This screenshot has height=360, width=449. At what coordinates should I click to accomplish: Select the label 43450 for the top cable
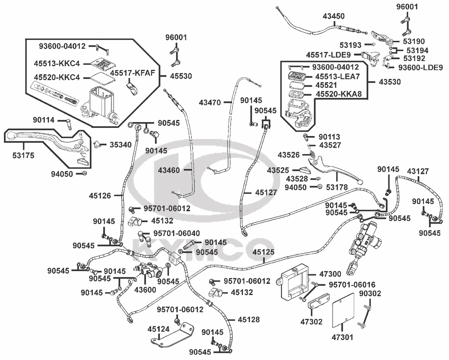(x=334, y=16)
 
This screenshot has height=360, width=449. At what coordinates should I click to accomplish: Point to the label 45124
(x=159, y=329)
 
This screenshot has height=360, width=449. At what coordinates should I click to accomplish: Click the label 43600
(x=145, y=290)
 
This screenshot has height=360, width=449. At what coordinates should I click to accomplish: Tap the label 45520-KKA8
(x=338, y=94)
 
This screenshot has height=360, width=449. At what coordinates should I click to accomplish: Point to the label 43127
(x=418, y=171)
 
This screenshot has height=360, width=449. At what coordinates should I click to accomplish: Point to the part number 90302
(x=370, y=294)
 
